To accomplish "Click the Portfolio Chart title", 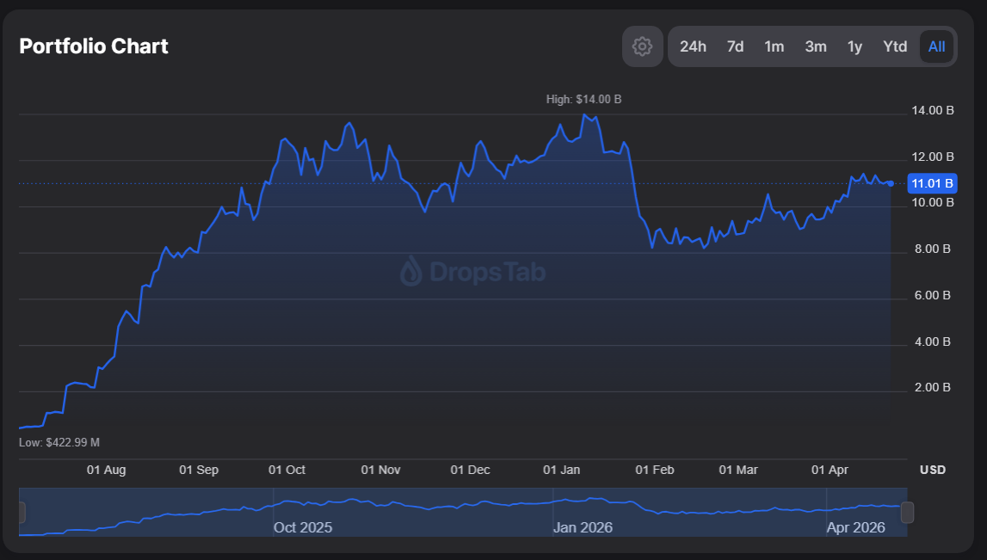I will coord(94,46).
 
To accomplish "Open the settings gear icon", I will coord(642,46).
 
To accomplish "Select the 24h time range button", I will coord(693,46).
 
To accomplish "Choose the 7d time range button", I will coord(735,46).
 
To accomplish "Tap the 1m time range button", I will coord(774,46).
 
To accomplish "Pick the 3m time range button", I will coord(816,46).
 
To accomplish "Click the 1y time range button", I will coord(854,46).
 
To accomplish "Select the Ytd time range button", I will coord(895,46).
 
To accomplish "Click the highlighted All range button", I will coord(936,46).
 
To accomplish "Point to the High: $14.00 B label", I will coord(583,100).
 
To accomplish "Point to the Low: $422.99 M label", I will coord(59,442).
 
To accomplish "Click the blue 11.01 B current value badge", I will coord(932,183).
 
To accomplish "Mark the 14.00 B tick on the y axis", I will coord(932,111).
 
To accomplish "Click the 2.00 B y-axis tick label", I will coord(932,388).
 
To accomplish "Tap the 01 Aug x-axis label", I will coord(107,470).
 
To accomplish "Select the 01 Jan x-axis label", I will coord(561,470).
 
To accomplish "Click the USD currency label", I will coord(933,470).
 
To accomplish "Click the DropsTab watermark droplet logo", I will coord(411,272).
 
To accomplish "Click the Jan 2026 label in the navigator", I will coord(583,527).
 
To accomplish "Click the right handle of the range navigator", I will coord(907,513).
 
